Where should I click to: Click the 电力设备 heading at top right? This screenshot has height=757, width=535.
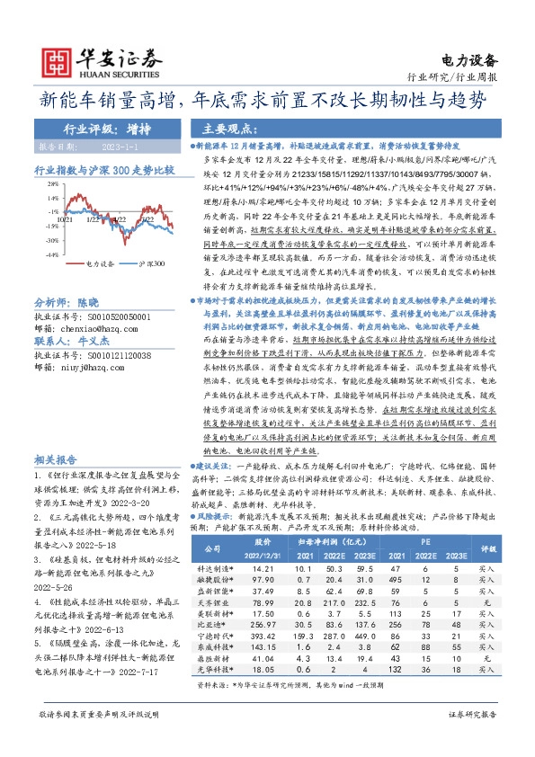(x=470, y=60)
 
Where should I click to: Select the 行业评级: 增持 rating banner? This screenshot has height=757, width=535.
(x=107, y=128)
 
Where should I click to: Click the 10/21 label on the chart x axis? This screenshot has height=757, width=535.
(x=65, y=218)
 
